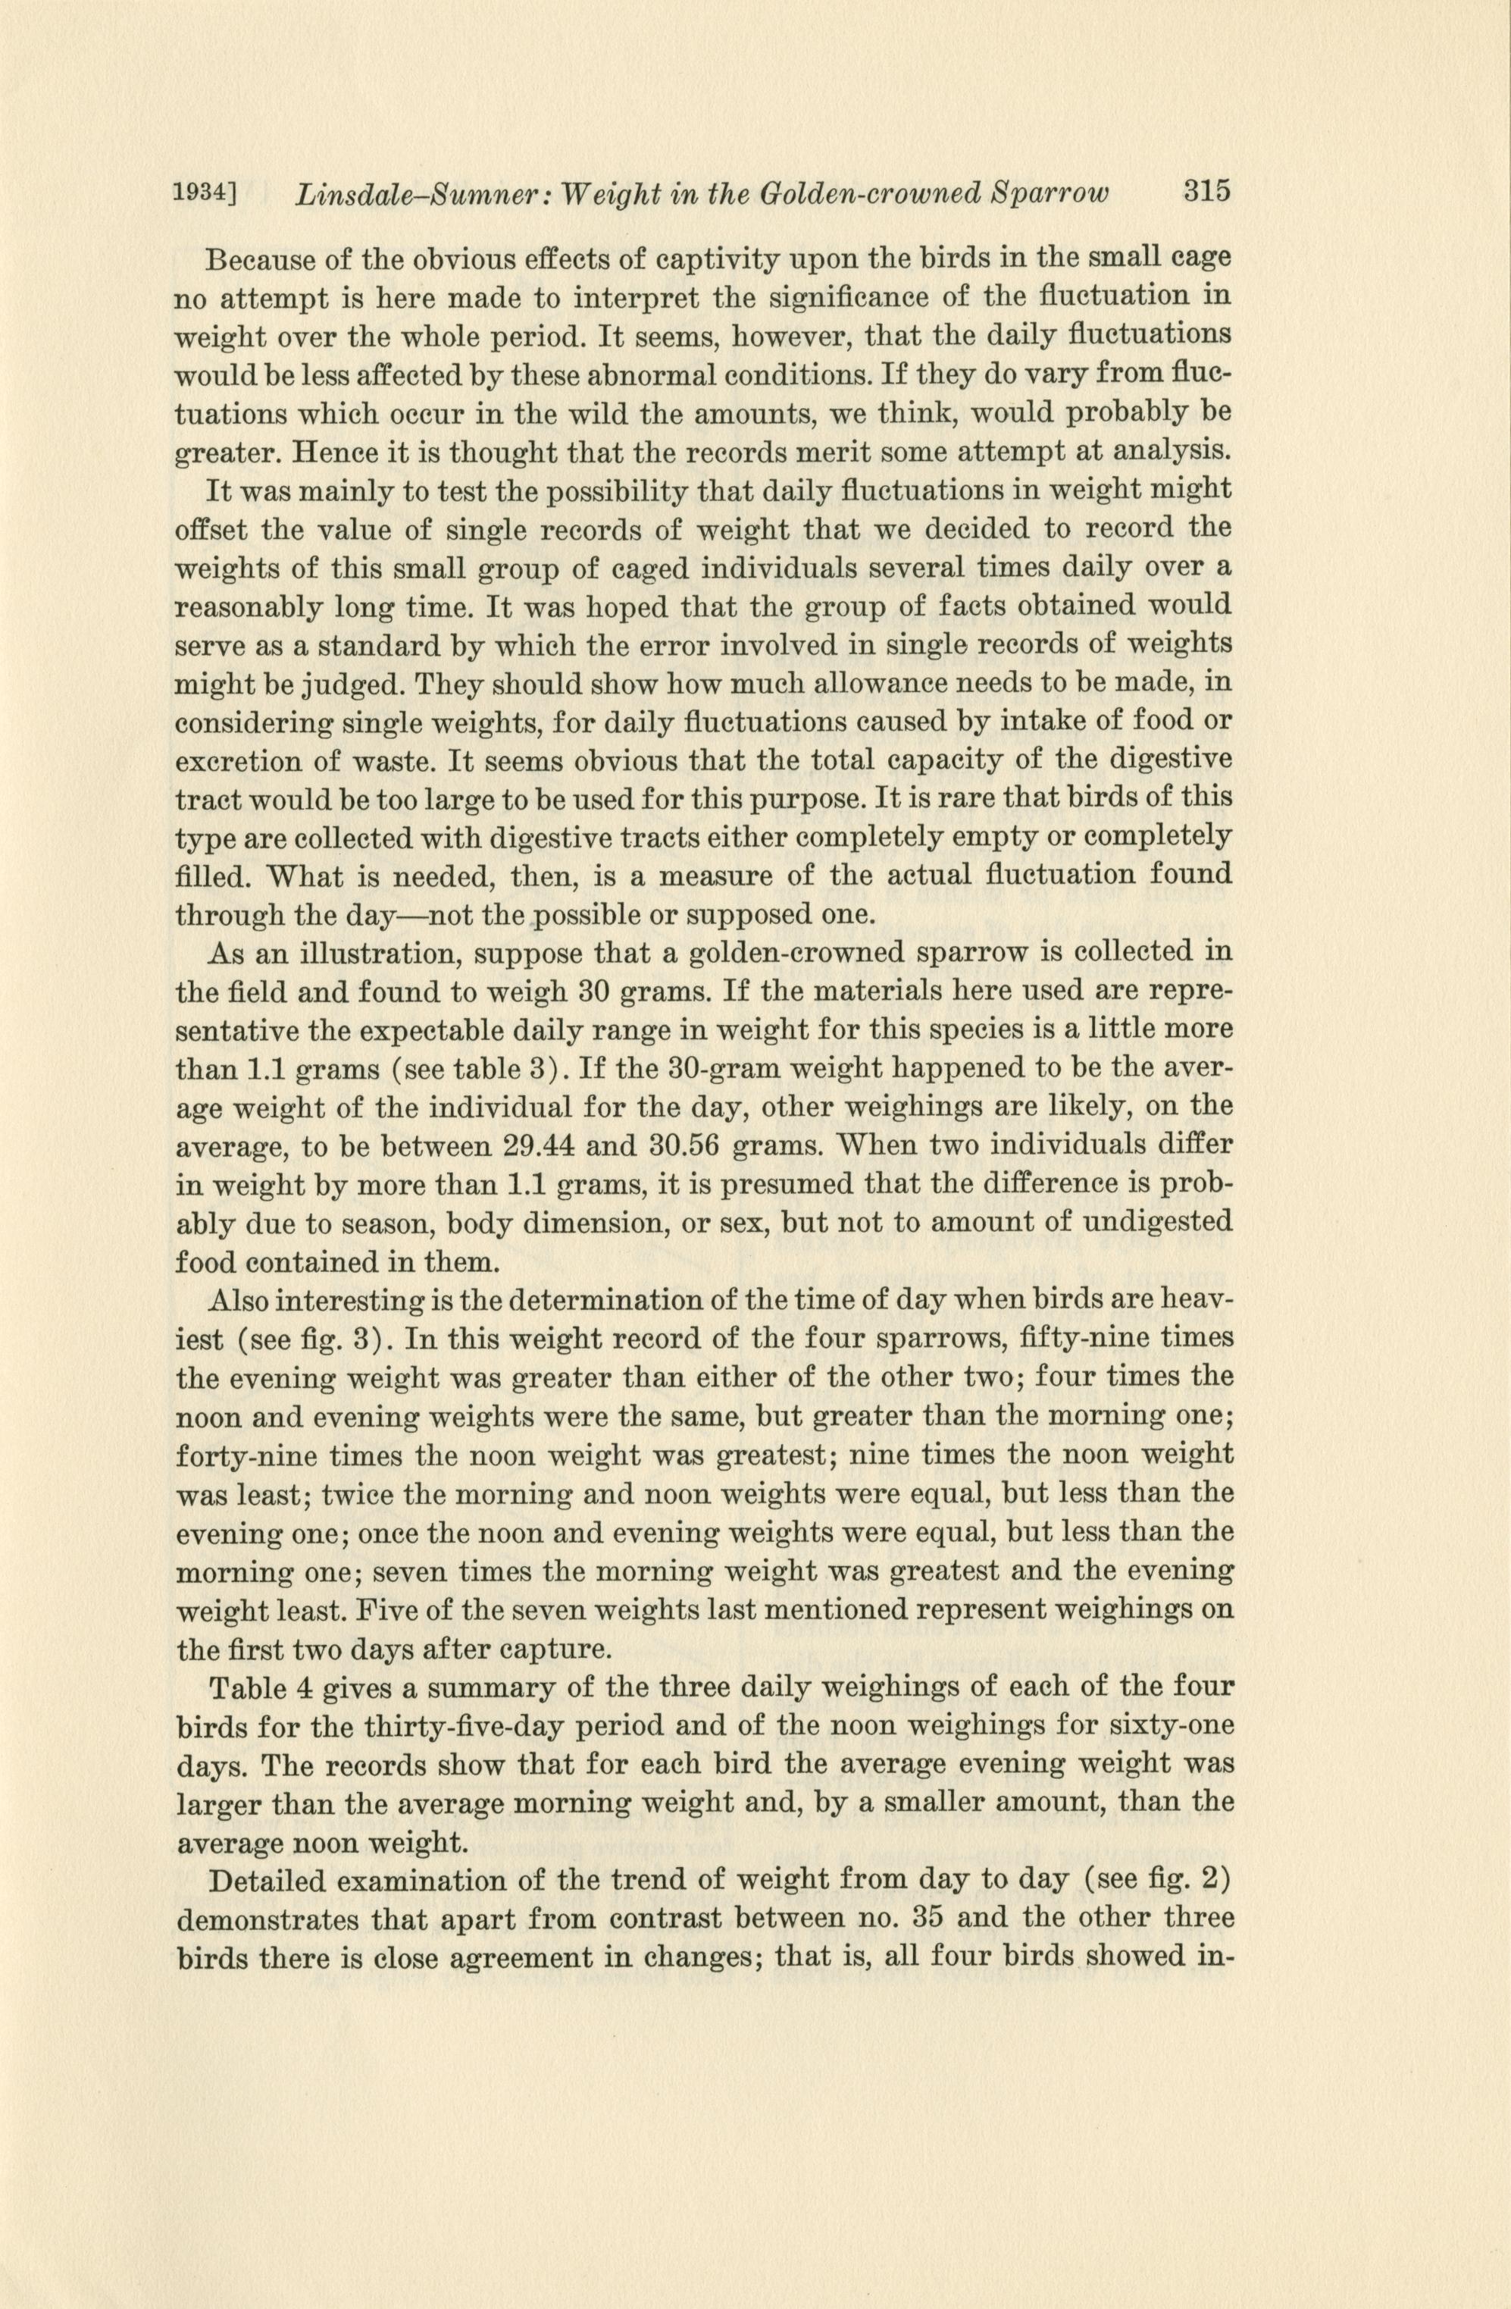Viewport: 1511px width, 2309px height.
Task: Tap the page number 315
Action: [1206, 190]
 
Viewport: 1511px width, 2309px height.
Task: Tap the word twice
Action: [364, 1492]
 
